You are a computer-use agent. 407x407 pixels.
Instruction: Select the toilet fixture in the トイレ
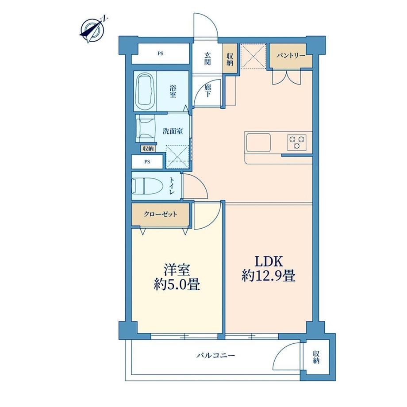coord(147,186)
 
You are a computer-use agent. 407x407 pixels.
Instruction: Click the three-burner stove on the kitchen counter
coord(297,142)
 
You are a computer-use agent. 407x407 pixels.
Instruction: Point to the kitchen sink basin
coord(258,142)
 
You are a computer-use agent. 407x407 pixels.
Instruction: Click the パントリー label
coord(291,56)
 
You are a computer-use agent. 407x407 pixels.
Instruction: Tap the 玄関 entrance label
coord(207,59)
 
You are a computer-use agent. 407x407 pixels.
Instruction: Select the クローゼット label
coord(161,215)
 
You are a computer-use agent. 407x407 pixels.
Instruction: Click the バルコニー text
coord(215,355)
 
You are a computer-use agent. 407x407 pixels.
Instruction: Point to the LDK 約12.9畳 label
coord(269,269)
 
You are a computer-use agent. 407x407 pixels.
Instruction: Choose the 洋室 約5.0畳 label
coord(177,277)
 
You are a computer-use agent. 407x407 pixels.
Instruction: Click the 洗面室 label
coord(173,131)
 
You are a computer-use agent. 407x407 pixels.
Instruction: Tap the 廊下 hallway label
coord(207,91)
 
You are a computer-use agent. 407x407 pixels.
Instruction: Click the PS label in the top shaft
coord(161,54)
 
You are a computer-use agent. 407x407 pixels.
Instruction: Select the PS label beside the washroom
coord(147,162)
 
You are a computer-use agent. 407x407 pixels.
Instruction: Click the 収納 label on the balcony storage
coord(316,357)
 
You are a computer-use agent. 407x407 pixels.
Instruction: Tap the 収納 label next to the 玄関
coord(230,59)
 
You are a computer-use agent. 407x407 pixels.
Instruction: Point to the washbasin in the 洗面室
coord(146,129)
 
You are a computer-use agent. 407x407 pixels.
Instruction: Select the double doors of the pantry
coord(287,77)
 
